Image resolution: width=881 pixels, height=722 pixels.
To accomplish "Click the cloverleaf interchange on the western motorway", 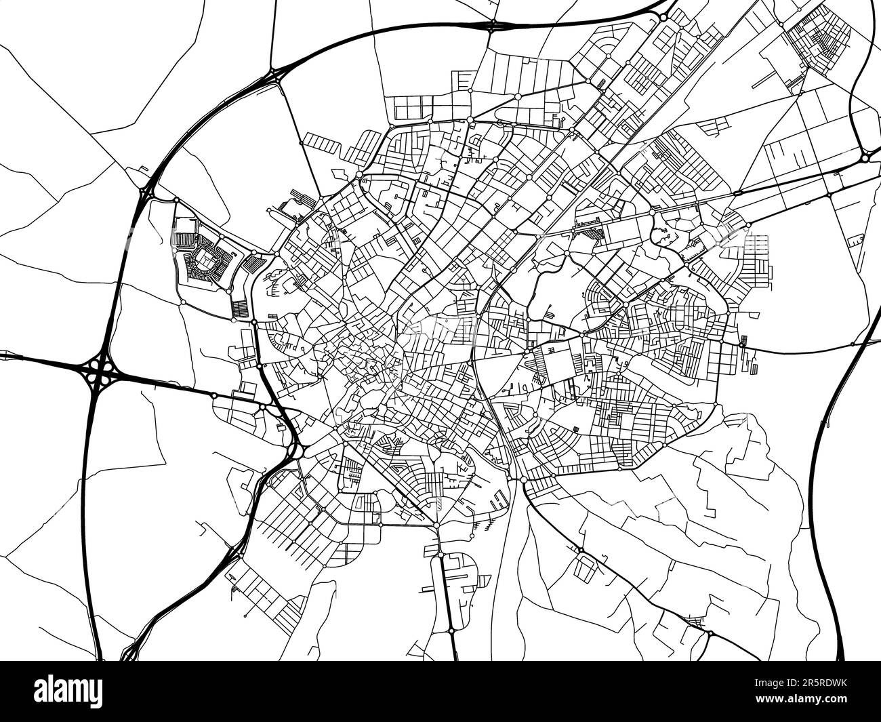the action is [100, 371].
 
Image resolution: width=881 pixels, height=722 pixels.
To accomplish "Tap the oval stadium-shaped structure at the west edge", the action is [205, 258].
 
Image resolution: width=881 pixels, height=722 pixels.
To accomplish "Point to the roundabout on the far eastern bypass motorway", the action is [866, 158].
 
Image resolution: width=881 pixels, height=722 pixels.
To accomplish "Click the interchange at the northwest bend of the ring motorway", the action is [274, 74].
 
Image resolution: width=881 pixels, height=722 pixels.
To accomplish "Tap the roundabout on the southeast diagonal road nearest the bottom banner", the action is [710, 633].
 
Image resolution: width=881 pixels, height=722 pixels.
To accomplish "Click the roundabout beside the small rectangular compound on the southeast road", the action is [581, 550].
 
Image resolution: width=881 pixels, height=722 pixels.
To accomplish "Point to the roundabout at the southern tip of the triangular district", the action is [437, 525].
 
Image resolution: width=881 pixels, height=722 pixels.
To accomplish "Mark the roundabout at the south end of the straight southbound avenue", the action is [451, 630].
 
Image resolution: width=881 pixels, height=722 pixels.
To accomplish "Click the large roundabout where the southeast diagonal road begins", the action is [523, 480].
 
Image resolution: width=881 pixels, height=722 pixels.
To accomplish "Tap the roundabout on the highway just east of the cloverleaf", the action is [213, 395].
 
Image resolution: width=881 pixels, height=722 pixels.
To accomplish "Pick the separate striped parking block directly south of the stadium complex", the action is [241, 309].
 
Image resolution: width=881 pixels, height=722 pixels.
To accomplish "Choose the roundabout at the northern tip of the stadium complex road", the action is [176, 200].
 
